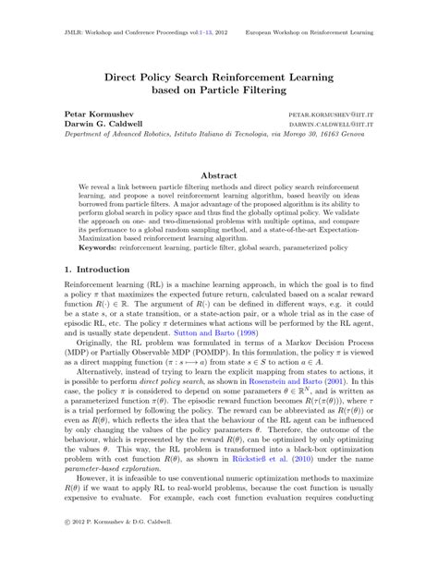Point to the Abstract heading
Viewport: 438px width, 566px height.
pos(218,173)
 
